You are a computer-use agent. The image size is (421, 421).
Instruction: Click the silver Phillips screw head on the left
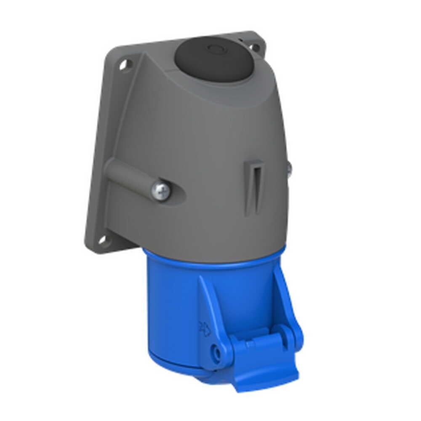161,190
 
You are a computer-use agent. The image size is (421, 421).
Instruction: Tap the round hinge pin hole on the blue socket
218,351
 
